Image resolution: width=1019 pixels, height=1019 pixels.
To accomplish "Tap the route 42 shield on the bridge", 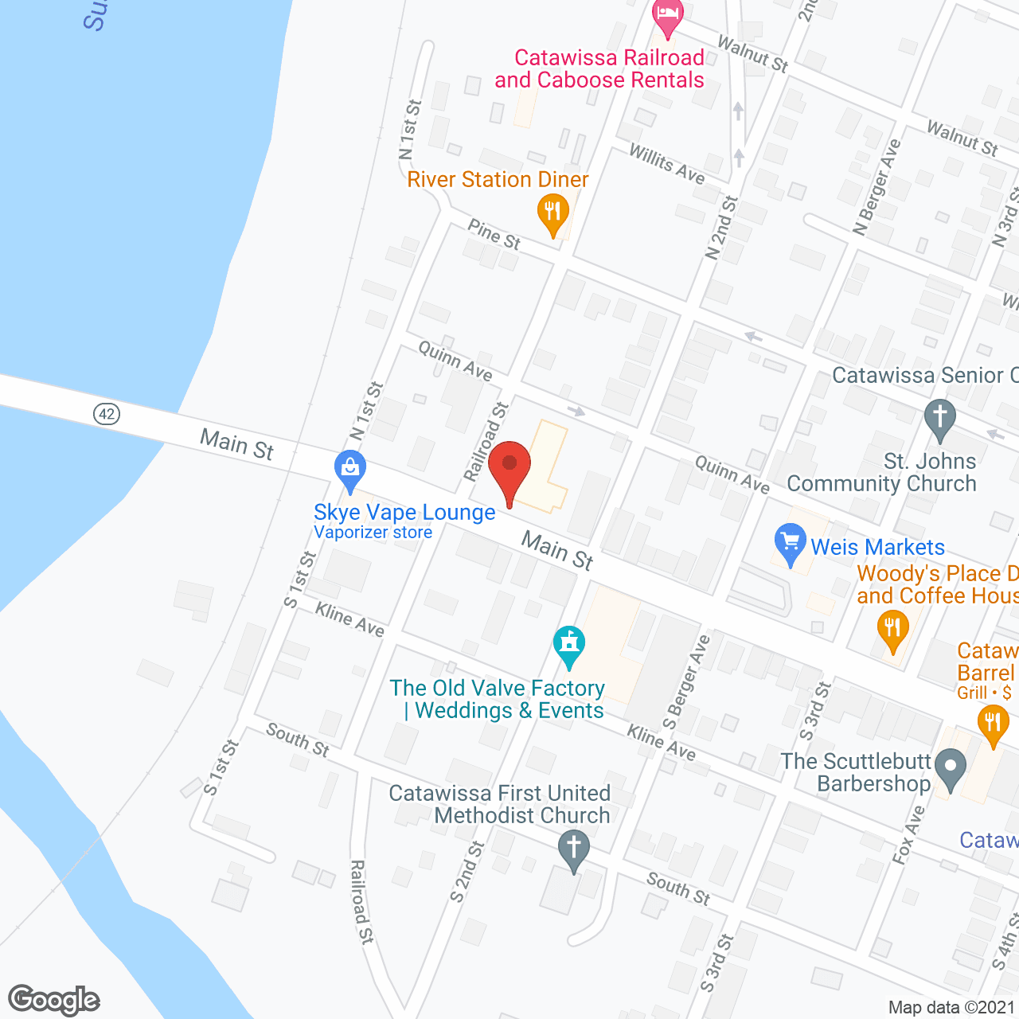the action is pyautogui.click(x=107, y=414).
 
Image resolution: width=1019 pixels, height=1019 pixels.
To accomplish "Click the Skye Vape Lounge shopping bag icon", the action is pyautogui.click(x=350, y=470).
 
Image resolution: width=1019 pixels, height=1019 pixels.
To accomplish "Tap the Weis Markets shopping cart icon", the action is pyautogui.click(x=790, y=544).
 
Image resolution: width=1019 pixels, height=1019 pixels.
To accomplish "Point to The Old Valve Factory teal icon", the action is pyautogui.click(x=569, y=645).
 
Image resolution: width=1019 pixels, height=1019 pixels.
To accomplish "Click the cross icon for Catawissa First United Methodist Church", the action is pyautogui.click(x=573, y=849).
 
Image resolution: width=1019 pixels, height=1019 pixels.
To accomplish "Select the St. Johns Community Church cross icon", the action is pyautogui.click(x=940, y=419).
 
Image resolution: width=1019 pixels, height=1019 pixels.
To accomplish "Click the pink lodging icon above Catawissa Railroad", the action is pyautogui.click(x=667, y=16).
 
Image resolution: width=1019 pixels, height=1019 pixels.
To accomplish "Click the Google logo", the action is pyautogui.click(x=54, y=1000).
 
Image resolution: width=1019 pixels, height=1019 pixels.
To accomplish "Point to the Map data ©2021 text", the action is pyautogui.click(x=952, y=1007).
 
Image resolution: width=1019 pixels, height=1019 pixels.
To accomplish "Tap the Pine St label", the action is pyautogui.click(x=494, y=234).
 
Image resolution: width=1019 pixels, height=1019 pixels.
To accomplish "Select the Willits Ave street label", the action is pyautogui.click(x=667, y=164).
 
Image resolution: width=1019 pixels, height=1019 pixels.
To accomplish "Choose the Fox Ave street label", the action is pyautogui.click(x=908, y=834).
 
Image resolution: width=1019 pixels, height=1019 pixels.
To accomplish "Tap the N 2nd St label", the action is pyautogui.click(x=722, y=228).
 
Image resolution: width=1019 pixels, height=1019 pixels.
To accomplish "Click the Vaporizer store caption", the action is pyautogui.click(x=373, y=533).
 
